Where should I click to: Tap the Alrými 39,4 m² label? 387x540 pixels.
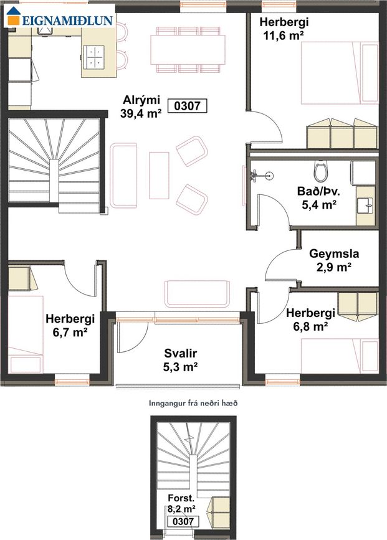(x=141, y=107)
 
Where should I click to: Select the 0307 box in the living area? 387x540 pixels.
(x=187, y=106)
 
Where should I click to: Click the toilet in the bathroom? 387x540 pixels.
(x=320, y=171)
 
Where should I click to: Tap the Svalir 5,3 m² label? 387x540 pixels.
(x=180, y=360)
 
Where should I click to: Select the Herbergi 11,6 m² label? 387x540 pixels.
(x=284, y=29)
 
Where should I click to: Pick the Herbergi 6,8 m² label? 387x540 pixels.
(x=310, y=320)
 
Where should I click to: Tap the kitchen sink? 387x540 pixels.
(x=45, y=30)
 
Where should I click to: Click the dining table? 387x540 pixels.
(x=188, y=50)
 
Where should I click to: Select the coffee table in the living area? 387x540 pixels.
(x=159, y=175)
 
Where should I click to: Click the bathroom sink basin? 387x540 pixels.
(x=366, y=206)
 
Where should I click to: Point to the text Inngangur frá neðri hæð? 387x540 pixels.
(x=193, y=403)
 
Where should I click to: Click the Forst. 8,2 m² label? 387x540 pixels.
(x=181, y=503)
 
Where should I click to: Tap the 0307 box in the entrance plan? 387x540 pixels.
(x=183, y=521)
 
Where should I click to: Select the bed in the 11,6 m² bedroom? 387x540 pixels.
(x=340, y=73)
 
